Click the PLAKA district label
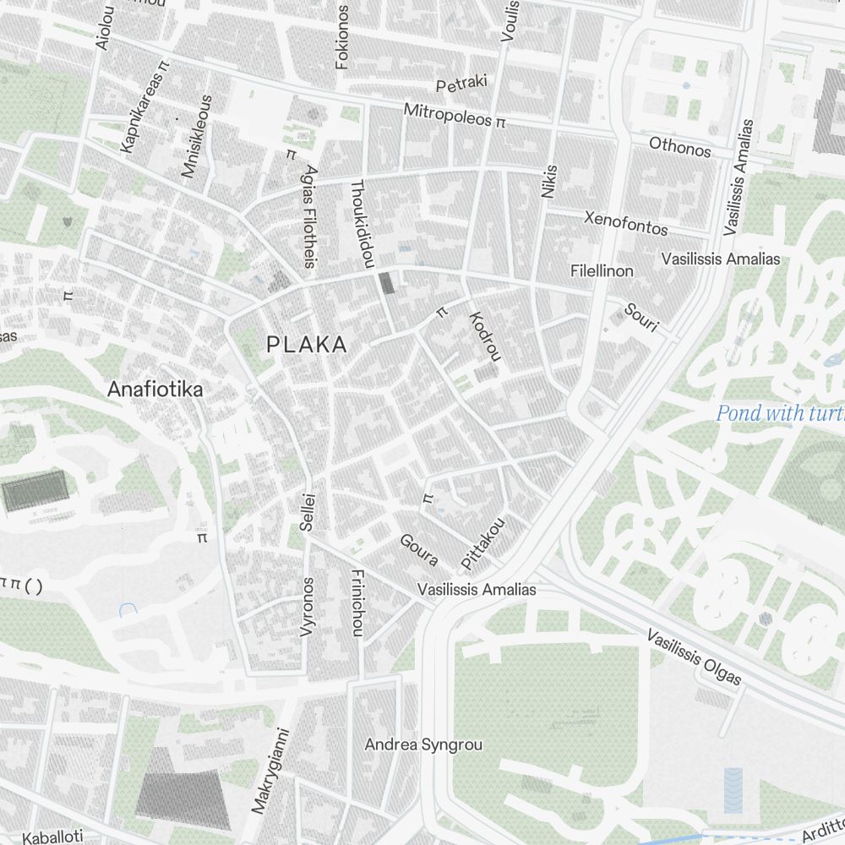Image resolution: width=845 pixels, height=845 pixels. pos(307,345)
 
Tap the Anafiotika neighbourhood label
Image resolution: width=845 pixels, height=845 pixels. pos(155,390)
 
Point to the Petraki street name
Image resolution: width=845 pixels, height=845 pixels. pos(462,84)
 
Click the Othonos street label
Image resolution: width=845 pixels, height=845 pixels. pos(679,147)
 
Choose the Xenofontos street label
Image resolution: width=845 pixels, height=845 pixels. pos(626,223)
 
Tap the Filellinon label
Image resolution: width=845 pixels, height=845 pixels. pos(602,271)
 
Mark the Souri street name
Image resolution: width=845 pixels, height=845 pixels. pos(641,317)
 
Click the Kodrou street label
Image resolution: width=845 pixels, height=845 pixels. pos(484,335)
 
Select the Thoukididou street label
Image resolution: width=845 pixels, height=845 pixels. pos(361,224)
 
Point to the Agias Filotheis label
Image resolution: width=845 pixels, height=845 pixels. pos(309,216)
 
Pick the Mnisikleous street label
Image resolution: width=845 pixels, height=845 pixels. pos(195,136)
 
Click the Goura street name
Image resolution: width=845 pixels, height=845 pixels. pos(418,549)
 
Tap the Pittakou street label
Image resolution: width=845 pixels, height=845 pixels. pos(482,542)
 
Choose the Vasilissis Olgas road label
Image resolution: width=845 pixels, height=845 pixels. pos(694,657)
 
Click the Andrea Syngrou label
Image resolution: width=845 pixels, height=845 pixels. pos(423,744)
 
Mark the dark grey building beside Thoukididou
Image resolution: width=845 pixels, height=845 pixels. pos(387,283)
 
